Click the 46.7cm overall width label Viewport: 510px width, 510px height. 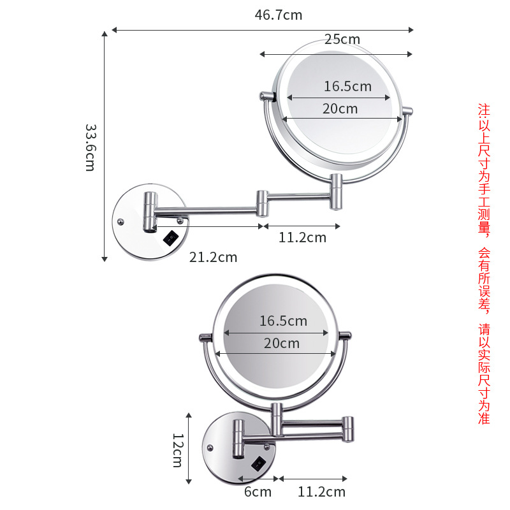(279, 15)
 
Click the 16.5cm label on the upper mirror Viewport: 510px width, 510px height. (347, 86)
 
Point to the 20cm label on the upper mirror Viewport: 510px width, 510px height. (340, 108)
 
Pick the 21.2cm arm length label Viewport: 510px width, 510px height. (213, 257)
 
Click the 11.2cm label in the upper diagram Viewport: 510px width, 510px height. (302, 238)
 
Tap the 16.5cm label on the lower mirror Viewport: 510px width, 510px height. (283, 321)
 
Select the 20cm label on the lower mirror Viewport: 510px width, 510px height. (281, 343)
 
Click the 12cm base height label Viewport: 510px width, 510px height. (178, 449)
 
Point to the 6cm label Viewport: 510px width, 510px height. (258, 492)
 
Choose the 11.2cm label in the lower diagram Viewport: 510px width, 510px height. (321, 492)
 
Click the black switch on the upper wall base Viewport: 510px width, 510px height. (170, 238)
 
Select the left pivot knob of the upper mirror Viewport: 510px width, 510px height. (266, 97)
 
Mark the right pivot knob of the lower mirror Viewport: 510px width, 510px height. (344, 335)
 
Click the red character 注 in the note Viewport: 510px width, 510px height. (484, 109)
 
